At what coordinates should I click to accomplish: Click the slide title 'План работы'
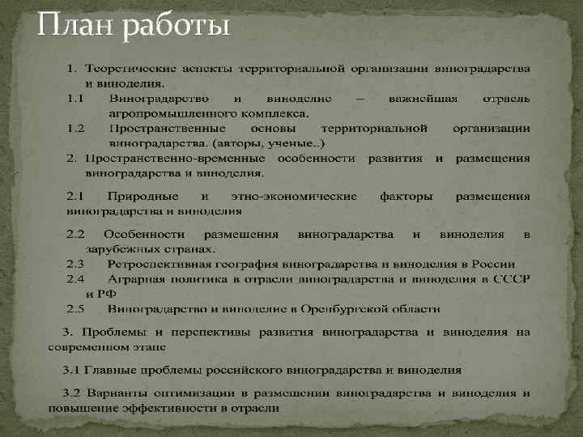[134, 28]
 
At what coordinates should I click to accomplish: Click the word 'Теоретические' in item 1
[130, 67]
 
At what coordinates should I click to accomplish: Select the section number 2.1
[75, 197]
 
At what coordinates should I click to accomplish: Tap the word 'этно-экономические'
[294, 197]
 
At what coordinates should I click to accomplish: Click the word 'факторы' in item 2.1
[406, 197]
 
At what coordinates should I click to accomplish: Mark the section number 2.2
[75, 235]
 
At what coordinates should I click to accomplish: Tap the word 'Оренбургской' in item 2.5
[343, 309]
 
